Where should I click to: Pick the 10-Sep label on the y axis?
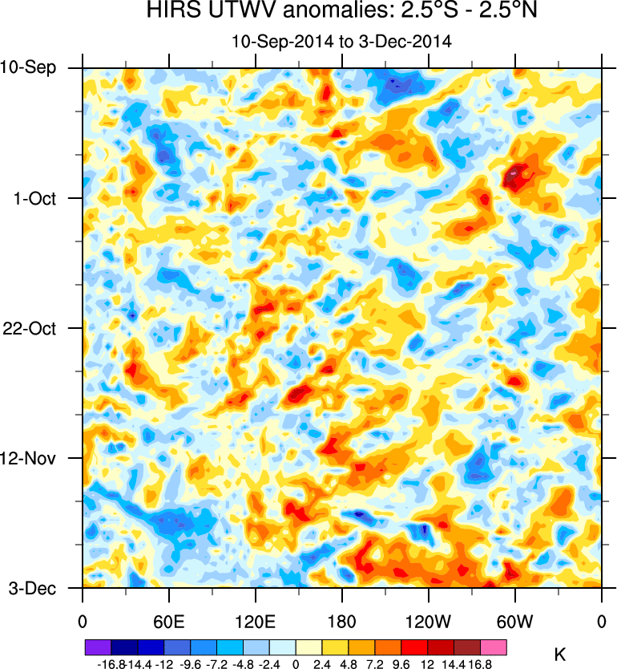coord(28,67)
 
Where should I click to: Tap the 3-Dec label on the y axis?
coord(32,588)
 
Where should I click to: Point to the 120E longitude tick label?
coord(255,620)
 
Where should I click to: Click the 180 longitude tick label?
coord(342,620)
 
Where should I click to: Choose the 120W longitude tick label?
coord(429,620)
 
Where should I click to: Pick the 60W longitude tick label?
coord(514,620)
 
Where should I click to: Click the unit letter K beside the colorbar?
coord(560,654)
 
